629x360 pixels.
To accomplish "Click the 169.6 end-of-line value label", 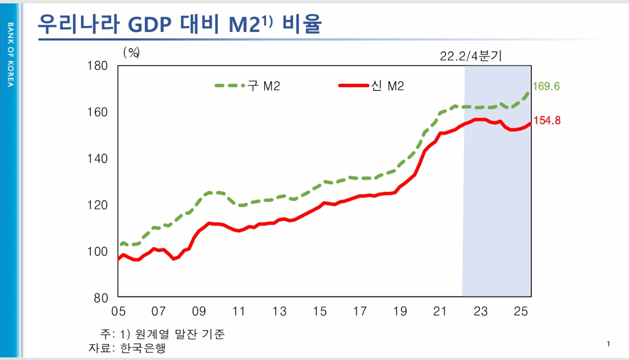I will click(x=546, y=86).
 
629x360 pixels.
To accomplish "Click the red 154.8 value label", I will click(x=547, y=120).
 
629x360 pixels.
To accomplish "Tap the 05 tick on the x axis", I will click(x=118, y=311).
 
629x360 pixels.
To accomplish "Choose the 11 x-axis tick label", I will click(x=239, y=311).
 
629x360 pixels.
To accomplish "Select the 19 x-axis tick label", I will click(x=400, y=311).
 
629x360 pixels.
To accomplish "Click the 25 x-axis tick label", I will click(x=521, y=311).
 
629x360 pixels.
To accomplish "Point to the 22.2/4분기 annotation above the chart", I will click(x=471, y=56).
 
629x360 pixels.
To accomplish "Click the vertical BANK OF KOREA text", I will click(x=10, y=54).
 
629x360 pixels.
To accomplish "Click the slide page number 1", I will click(x=608, y=344).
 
